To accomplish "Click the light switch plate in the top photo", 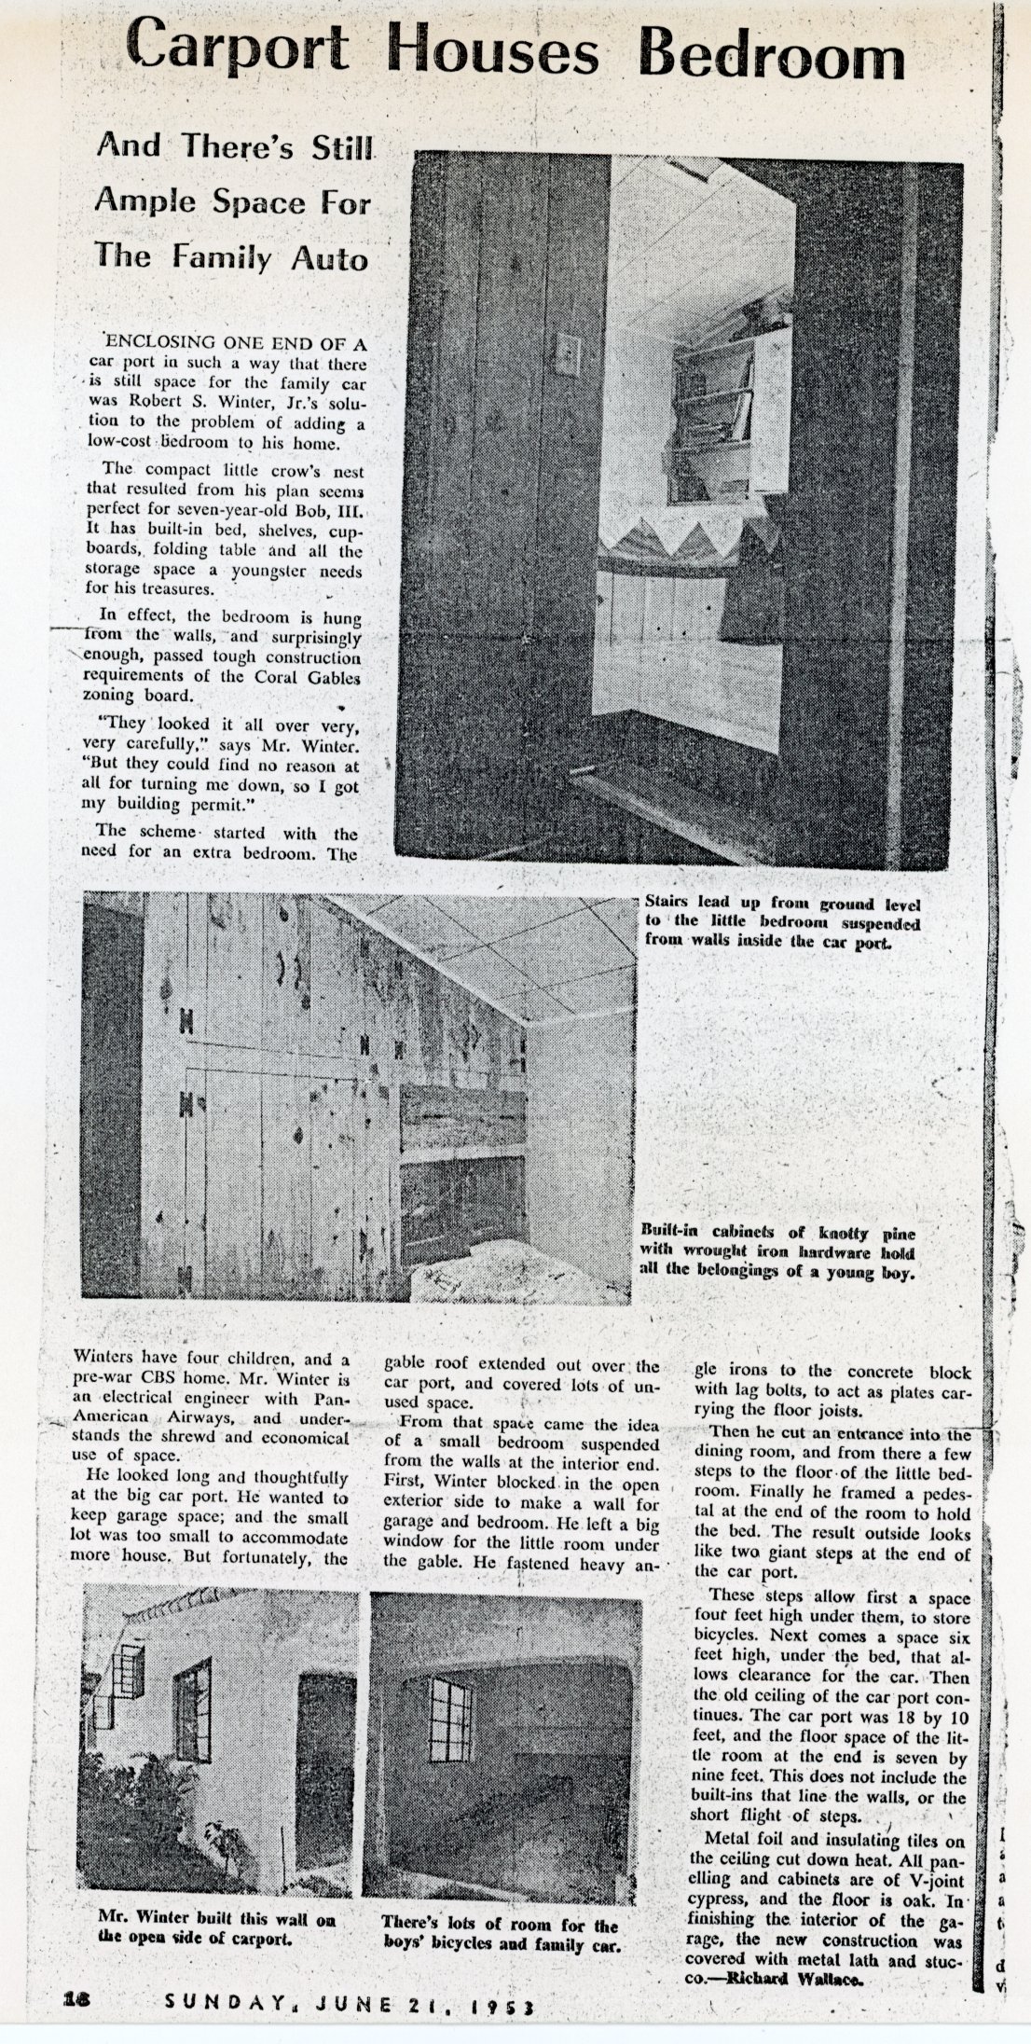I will [568, 354].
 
